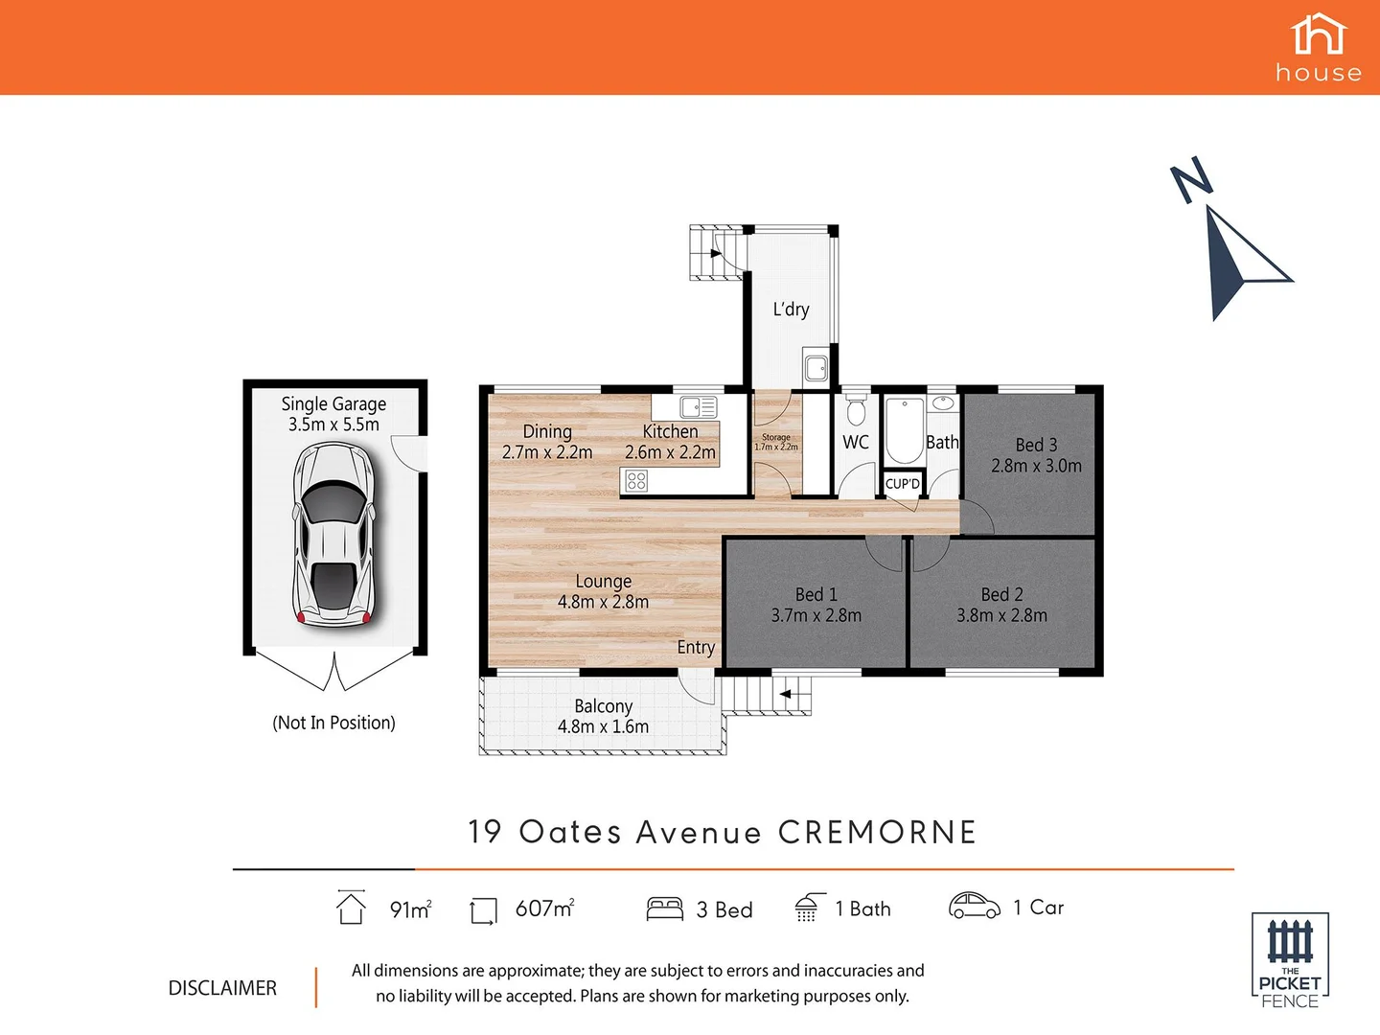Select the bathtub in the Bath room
tap(903, 431)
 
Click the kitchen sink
tap(699, 406)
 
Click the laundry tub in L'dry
tap(816, 367)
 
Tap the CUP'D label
tap(902, 484)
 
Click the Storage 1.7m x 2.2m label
tap(776, 442)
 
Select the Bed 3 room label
tap(1036, 445)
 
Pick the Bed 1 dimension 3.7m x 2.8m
tap(816, 615)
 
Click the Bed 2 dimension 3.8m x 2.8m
tap(1001, 615)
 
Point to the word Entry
tap(696, 648)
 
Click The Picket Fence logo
tap(1290, 959)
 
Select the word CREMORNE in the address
tap(877, 832)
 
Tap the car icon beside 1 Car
tap(974, 906)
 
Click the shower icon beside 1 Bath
tap(809, 908)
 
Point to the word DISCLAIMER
tap(222, 988)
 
